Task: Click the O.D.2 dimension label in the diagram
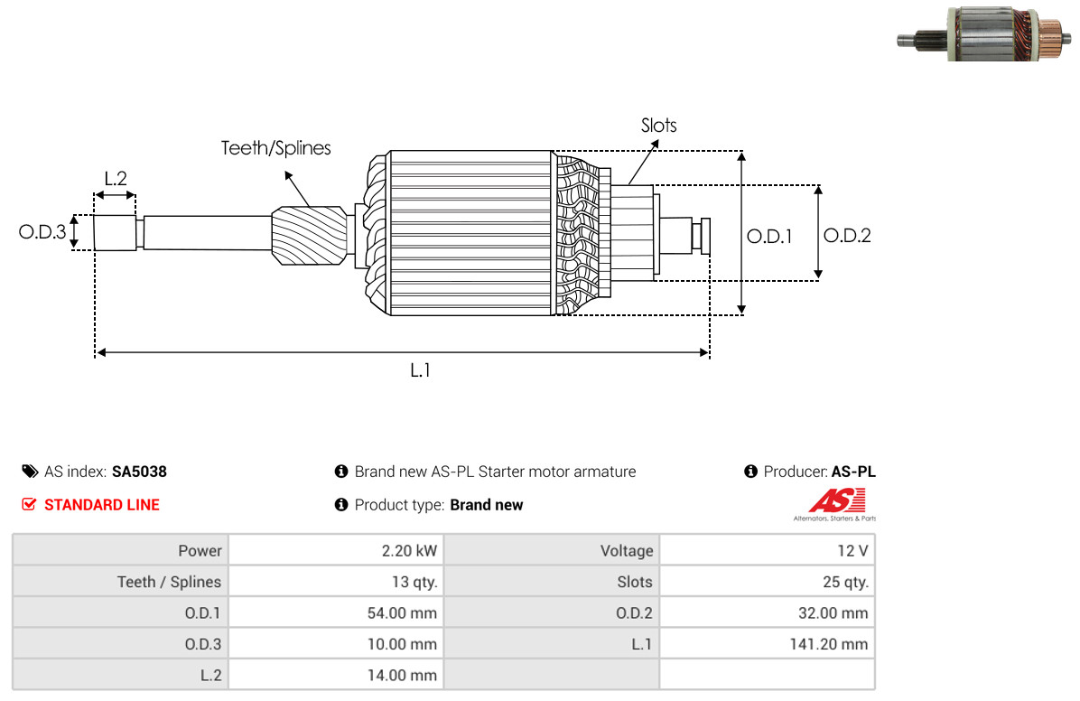[x=847, y=236]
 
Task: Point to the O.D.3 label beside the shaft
[x=42, y=232]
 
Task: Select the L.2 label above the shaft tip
[x=115, y=178]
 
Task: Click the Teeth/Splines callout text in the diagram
[x=276, y=147]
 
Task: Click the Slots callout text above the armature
[x=658, y=126]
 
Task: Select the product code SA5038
[x=139, y=472]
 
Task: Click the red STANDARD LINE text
[x=101, y=505]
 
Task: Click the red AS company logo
[x=836, y=500]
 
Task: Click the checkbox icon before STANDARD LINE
[x=29, y=505]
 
